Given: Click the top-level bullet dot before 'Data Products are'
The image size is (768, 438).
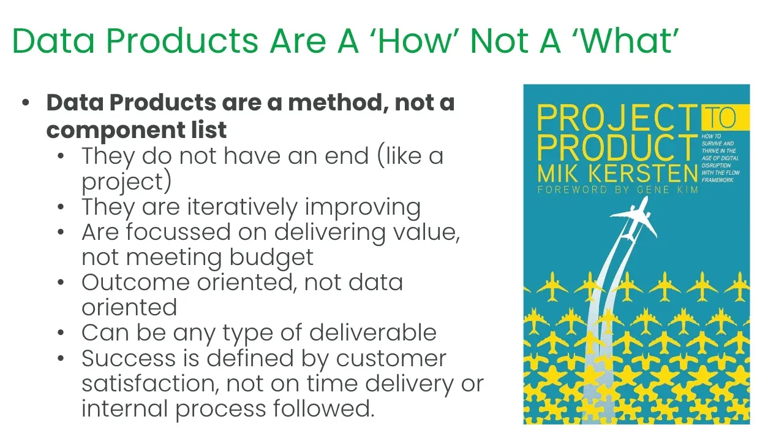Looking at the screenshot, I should (26, 102).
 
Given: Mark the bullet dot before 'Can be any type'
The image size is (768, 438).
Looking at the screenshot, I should (61, 333).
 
